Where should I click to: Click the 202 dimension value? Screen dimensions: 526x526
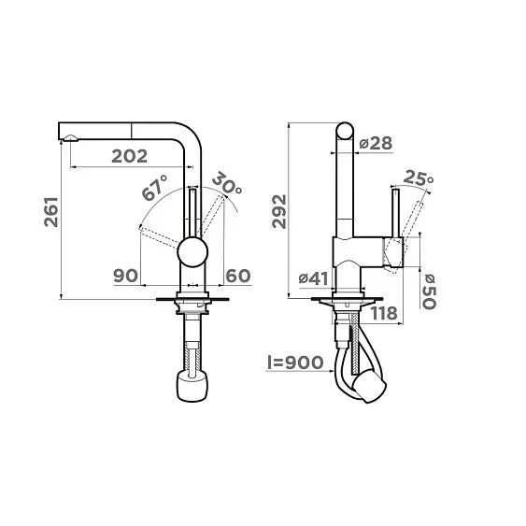pyautogui.click(x=130, y=158)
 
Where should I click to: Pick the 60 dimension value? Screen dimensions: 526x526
pyautogui.click(x=238, y=277)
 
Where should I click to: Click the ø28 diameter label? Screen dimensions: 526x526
pyautogui.click(x=377, y=143)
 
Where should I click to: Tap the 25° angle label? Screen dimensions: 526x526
pyautogui.click(x=419, y=178)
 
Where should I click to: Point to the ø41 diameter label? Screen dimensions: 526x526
pyautogui.click(x=313, y=277)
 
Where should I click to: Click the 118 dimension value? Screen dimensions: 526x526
pyautogui.click(x=384, y=313)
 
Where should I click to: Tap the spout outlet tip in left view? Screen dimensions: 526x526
pyautogui.click(x=68, y=141)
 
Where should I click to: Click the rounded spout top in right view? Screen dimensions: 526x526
pyautogui.click(x=344, y=132)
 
